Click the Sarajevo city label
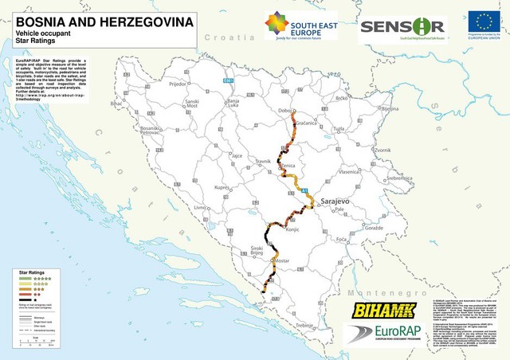coord(334,203)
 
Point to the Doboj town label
coord(286,111)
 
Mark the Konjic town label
coord(292,229)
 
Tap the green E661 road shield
coord(229,80)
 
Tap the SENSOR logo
coord(402,26)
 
